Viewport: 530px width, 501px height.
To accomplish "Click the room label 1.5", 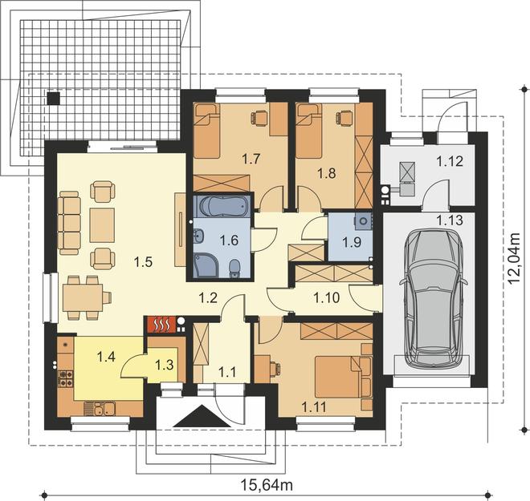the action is tap(143, 262).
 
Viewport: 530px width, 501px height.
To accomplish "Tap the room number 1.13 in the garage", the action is tap(449, 220).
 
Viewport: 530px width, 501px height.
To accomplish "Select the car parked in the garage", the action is tap(434, 299).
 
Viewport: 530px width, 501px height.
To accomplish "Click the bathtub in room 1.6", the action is tap(222, 207).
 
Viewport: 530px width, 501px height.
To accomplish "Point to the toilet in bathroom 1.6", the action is tap(234, 269).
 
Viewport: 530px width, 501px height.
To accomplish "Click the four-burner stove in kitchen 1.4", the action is tap(66, 378).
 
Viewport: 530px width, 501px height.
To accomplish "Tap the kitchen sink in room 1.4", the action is tap(100, 409).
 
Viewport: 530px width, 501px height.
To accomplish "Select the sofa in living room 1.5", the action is tap(69, 223).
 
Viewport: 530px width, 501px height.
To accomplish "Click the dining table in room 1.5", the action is tap(83, 297).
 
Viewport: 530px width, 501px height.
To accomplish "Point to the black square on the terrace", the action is tap(54, 98).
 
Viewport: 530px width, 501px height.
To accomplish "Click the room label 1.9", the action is tap(352, 242).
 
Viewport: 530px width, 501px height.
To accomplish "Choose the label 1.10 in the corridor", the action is tap(327, 297).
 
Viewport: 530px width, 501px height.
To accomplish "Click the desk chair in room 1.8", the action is tap(343, 118).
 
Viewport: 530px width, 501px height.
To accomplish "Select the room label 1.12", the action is tap(449, 161).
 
